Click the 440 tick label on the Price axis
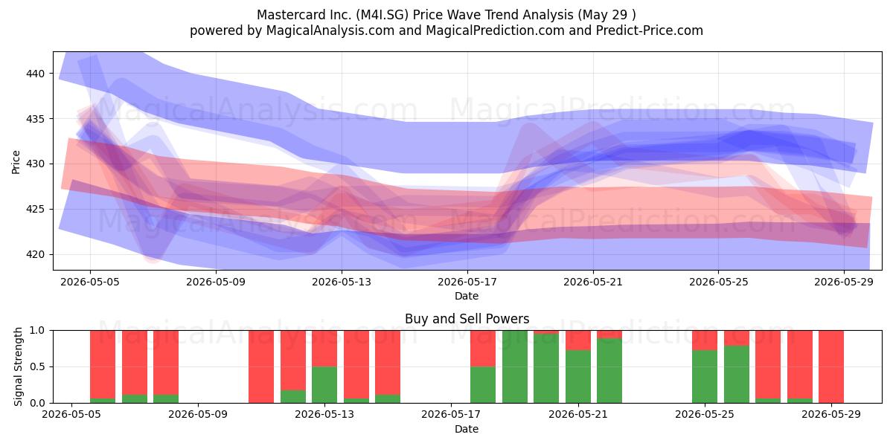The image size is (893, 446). tap(35, 74)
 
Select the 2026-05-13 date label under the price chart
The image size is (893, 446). tap(342, 282)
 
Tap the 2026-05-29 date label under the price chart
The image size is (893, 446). tap(844, 282)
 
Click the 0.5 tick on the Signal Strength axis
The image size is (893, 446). tap(37, 366)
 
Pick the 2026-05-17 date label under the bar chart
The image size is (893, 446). tap(451, 414)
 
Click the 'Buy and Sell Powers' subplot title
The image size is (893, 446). tap(467, 319)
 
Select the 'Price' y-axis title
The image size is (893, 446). tap(16, 162)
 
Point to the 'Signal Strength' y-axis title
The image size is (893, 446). tap(18, 366)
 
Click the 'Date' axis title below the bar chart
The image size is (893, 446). tap(467, 429)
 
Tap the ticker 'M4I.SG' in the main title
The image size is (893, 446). tap(383, 15)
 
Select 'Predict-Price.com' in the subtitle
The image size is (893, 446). tap(650, 30)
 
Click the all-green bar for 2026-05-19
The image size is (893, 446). tap(515, 366)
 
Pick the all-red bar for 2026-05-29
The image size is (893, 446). tap(831, 366)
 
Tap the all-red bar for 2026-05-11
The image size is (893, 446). tap(261, 366)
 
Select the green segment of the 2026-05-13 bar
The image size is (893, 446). tap(324, 385)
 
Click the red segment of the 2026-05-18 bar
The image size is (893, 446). tap(483, 349)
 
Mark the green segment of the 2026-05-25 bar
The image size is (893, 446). tap(705, 377)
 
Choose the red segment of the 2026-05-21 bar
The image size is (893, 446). tap(578, 340)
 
